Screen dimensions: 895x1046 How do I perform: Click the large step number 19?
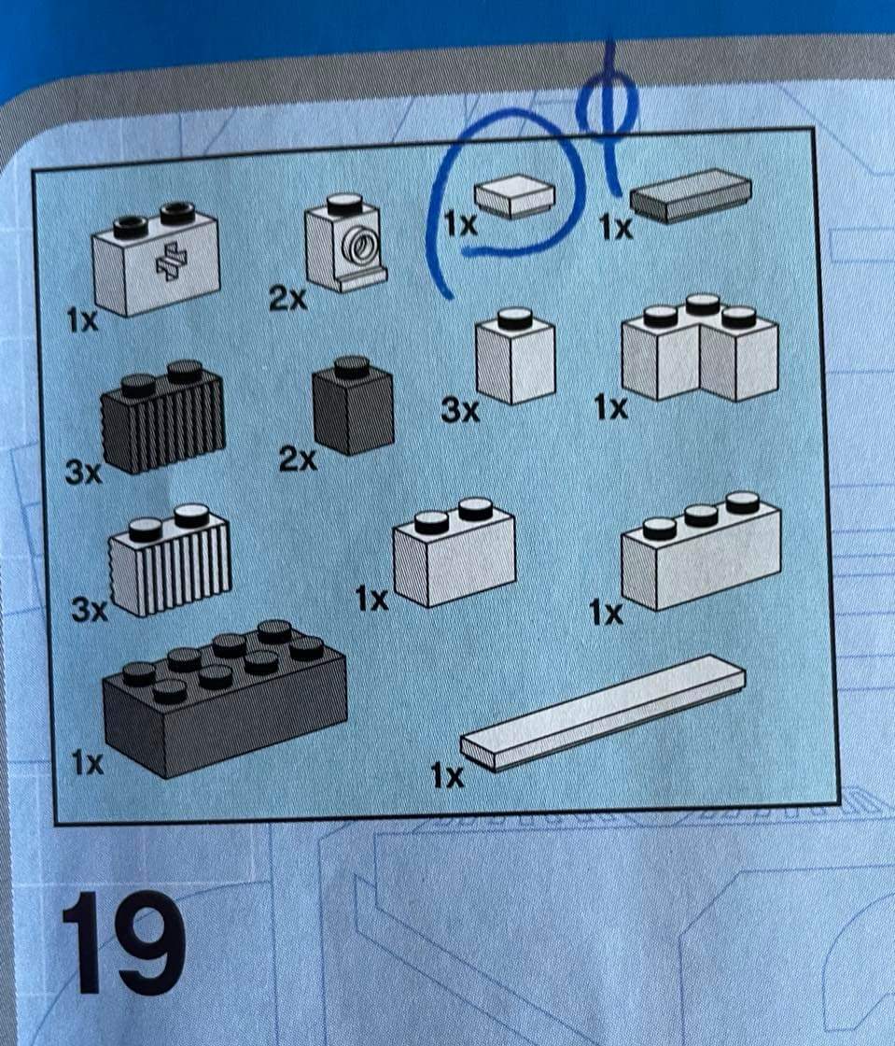pos(122,943)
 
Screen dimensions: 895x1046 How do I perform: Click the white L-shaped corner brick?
pos(700,346)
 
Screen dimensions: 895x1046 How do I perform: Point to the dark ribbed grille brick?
pos(162,417)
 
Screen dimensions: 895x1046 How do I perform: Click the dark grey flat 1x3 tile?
pos(691,194)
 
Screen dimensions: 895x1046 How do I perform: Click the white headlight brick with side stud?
pos(345,242)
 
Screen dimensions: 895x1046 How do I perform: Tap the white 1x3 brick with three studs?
pos(701,551)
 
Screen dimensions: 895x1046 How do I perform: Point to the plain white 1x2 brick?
pos(454,553)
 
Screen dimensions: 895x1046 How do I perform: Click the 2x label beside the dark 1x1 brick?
pos(297,459)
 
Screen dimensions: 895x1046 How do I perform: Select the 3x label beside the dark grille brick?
pos(83,473)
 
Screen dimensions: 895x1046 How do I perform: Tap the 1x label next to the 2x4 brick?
pos(88,763)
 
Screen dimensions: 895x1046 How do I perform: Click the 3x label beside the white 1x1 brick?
pos(460,411)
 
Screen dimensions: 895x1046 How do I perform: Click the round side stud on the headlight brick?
pos(357,245)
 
